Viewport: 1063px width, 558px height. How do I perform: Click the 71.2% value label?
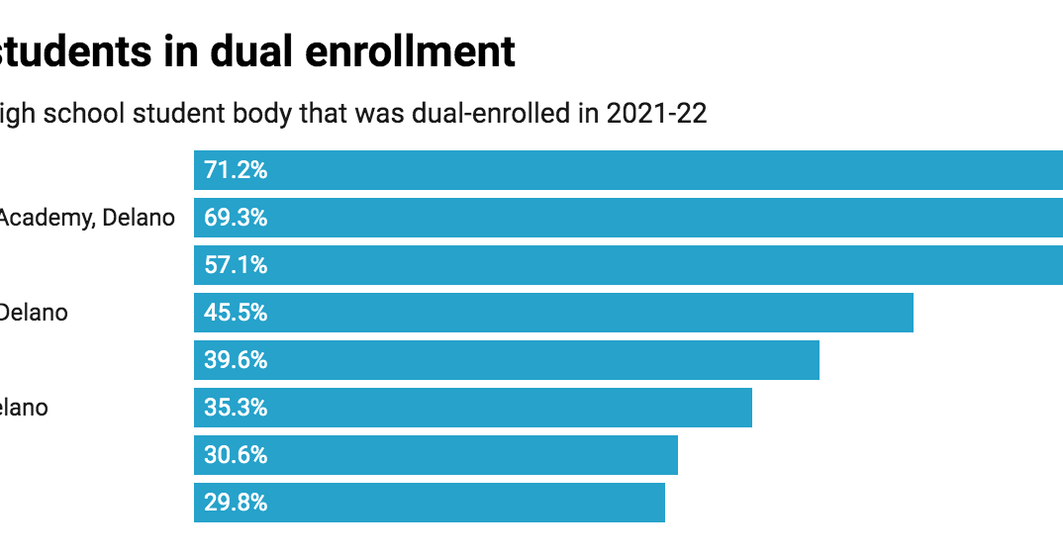(x=236, y=170)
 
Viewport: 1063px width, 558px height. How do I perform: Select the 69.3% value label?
(x=236, y=218)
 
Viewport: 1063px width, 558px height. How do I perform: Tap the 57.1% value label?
(x=236, y=265)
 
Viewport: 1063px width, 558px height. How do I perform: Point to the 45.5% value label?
(x=236, y=313)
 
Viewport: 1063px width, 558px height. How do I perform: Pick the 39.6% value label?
(x=236, y=360)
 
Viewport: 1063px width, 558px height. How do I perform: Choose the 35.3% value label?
(x=236, y=408)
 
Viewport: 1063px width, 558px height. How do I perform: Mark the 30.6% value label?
(x=236, y=455)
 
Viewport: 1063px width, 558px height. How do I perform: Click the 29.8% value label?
(x=236, y=503)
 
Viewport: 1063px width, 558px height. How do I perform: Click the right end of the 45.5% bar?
(x=911, y=313)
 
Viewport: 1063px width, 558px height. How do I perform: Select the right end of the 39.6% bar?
(x=817, y=360)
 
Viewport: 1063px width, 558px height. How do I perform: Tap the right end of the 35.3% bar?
(x=749, y=408)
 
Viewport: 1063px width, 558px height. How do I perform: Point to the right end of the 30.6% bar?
(x=675, y=455)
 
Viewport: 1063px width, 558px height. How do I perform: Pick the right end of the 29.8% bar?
(x=662, y=503)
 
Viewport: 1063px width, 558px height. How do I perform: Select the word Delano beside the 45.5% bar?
(x=34, y=313)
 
